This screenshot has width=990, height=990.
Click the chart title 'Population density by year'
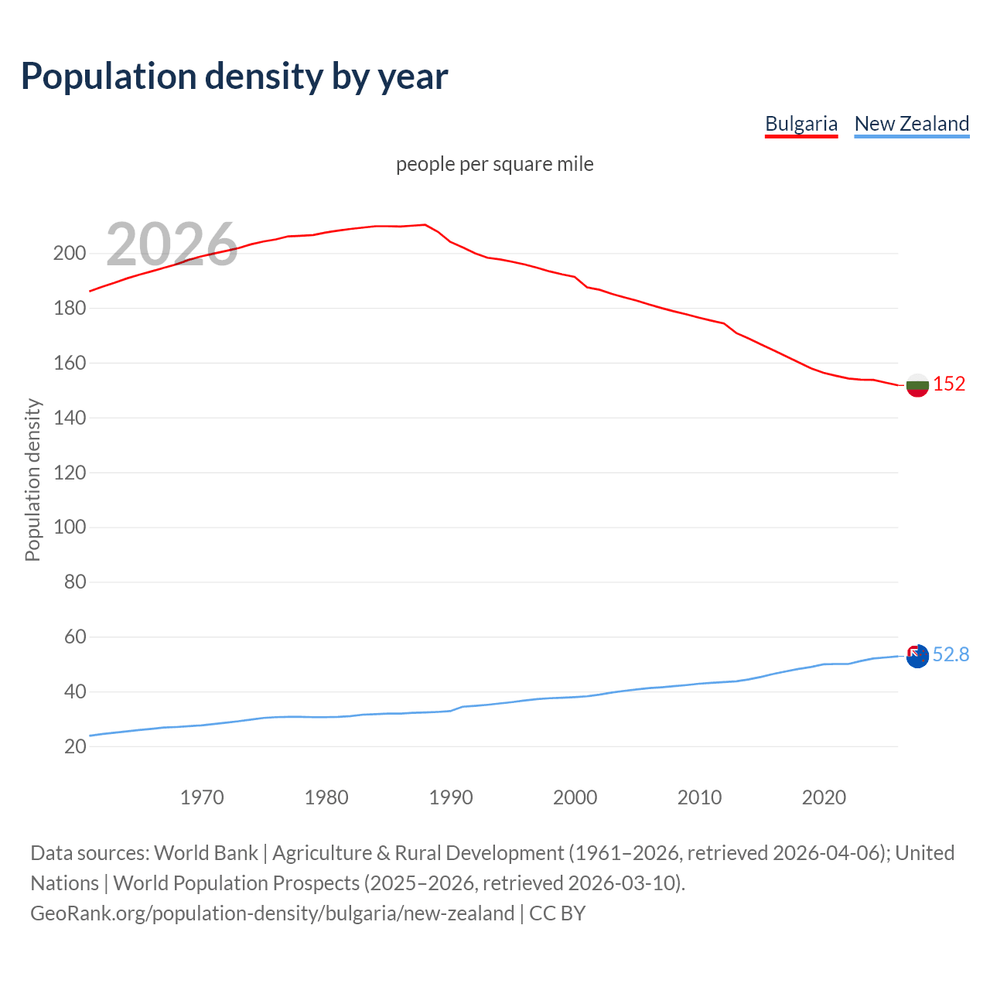(234, 77)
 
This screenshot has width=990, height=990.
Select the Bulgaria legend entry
(801, 124)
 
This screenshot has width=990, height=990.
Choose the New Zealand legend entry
(911, 124)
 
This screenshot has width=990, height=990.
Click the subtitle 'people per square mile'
(494, 165)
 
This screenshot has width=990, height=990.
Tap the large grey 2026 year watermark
(172, 244)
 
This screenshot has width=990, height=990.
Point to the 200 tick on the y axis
(70, 254)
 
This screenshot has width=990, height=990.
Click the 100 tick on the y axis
(70, 527)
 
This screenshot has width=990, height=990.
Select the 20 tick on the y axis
(75, 746)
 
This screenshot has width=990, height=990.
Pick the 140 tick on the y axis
(70, 418)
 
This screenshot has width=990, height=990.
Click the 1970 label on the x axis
(202, 797)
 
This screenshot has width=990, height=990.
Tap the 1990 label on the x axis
(451, 797)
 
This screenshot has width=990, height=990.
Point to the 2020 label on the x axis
(824, 797)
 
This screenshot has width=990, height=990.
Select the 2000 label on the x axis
(575, 797)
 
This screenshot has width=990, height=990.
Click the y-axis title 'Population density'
(32, 480)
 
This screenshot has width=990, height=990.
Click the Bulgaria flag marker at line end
(917, 385)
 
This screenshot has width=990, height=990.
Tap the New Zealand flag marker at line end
(917, 656)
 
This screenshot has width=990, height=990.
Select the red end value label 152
(949, 384)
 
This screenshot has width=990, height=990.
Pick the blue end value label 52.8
(951, 655)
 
